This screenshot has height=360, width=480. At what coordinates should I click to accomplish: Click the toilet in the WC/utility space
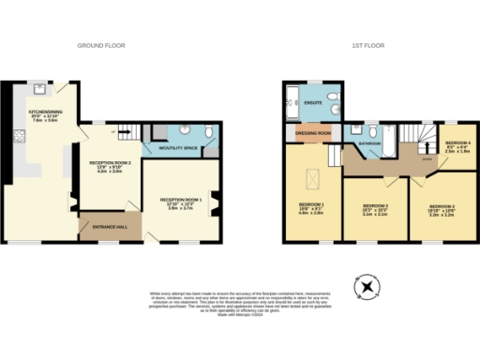208,143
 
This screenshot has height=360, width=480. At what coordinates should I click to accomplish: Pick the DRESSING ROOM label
311,133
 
